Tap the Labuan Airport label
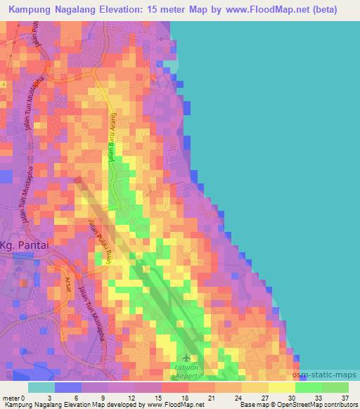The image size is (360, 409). tap(186, 371)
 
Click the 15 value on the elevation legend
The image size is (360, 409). tap(160, 398)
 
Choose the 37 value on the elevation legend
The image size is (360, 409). tap(346, 398)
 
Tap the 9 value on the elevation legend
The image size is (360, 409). tap(106, 398)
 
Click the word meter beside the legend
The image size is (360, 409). tap(12, 398)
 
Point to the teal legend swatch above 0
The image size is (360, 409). tap(41, 387)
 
